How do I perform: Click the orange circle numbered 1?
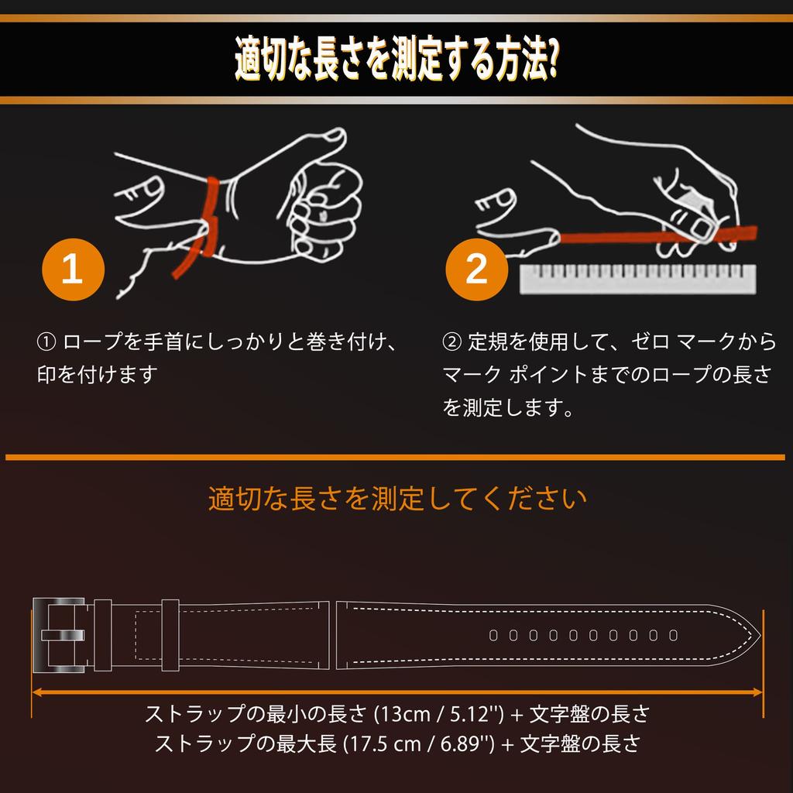pos(73,269)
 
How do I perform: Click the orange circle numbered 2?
pos(476,269)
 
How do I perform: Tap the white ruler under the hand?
pos(638,279)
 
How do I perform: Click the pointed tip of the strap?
pos(760,635)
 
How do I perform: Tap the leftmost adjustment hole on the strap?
pos(493,635)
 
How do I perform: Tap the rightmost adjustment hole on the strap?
pos(673,635)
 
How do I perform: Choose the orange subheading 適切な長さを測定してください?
pos(397,499)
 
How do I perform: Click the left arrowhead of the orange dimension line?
pos(36,692)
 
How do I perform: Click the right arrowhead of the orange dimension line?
pos(757,692)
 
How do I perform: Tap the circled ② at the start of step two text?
pos(451,342)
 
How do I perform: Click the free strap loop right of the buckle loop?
pos(170,635)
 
